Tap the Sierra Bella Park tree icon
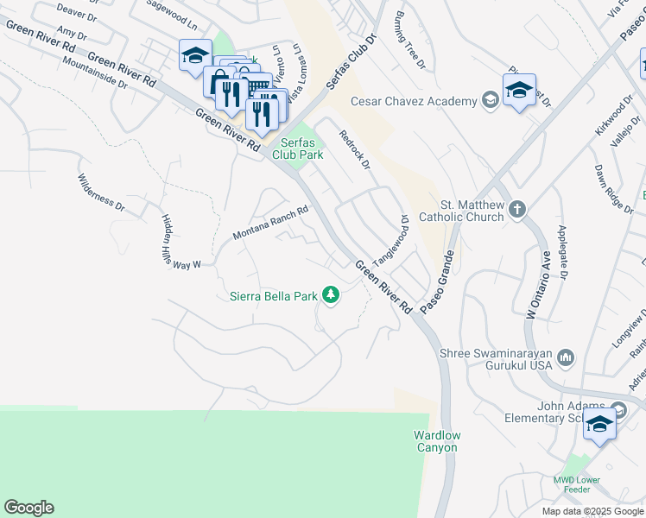(x=330, y=296)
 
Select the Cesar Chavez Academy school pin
(x=519, y=92)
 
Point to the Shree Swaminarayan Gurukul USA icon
(x=566, y=357)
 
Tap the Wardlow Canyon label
(x=436, y=441)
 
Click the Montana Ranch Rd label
(x=270, y=223)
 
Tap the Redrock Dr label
(x=354, y=149)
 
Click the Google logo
(x=28, y=508)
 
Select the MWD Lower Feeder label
(x=576, y=484)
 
